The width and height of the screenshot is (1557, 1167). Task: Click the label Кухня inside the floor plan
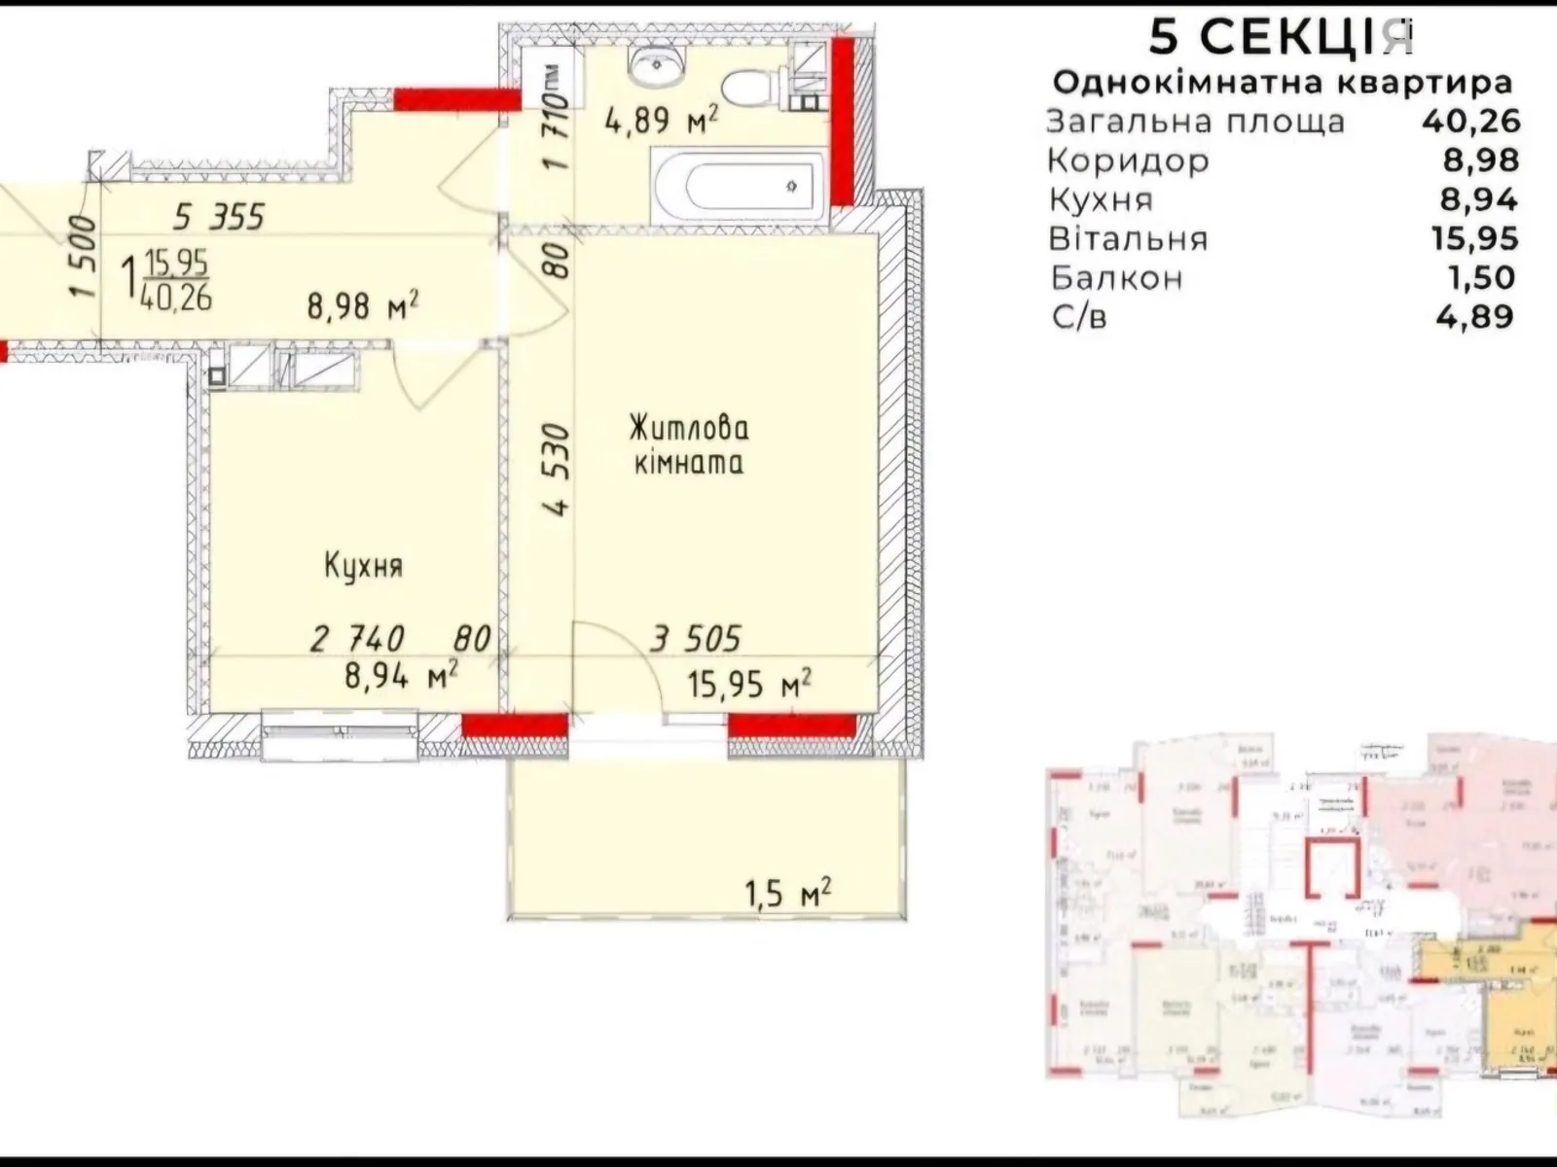(x=363, y=566)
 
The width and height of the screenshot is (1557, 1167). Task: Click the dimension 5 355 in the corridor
(x=219, y=216)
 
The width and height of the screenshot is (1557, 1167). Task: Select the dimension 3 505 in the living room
(x=696, y=639)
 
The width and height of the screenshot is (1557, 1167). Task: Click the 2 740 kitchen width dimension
(x=358, y=639)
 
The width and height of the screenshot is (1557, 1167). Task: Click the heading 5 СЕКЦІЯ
(x=1280, y=37)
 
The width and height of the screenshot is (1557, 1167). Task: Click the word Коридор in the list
(x=1129, y=160)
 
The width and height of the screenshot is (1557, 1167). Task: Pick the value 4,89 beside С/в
(x=1475, y=316)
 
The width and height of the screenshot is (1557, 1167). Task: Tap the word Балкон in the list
(x=1117, y=278)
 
